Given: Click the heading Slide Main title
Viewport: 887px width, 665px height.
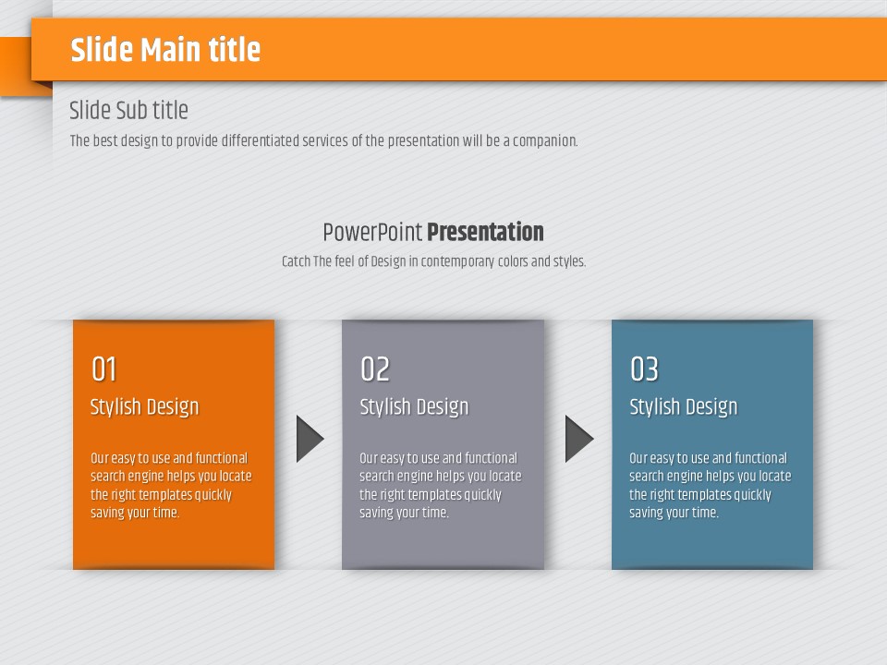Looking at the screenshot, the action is click(x=165, y=49).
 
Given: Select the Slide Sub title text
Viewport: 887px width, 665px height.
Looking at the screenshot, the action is click(x=128, y=110).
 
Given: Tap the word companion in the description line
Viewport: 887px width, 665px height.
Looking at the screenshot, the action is click(x=545, y=140).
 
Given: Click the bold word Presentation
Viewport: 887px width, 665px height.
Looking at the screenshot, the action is click(x=485, y=232).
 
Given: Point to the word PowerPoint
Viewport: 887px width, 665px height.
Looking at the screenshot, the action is click(x=372, y=233).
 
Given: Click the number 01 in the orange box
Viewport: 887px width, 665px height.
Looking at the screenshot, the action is click(x=104, y=369).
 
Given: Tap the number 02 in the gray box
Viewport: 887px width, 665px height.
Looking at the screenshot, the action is click(x=375, y=369).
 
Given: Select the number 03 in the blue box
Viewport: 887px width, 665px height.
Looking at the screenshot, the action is click(x=644, y=369).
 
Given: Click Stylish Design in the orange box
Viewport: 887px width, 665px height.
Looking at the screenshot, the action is click(x=145, y=407).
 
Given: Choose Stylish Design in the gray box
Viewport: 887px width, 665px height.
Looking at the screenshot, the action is click(x=414, y=407).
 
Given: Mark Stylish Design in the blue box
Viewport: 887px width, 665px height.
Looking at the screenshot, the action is click(x=684, y=407).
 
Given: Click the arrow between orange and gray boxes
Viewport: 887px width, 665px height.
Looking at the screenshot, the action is click(x=309, y=439).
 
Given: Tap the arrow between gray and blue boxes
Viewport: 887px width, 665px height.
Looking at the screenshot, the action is click(x=578, y=439).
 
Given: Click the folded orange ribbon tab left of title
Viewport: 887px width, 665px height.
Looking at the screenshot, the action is click(x=16, y=66).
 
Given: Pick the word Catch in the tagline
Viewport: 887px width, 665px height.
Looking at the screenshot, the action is click(x=296, y=261).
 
